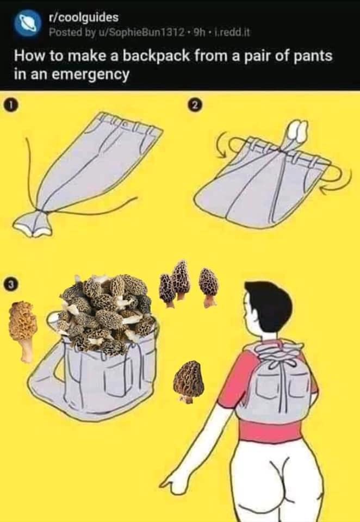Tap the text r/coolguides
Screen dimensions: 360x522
click(83, 17)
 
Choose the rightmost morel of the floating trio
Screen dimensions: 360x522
click(209, 287)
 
